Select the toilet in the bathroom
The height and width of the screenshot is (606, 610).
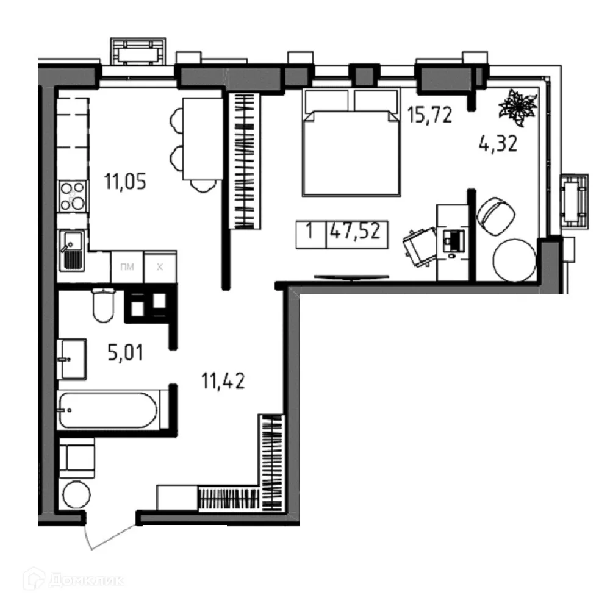tap(103, 306)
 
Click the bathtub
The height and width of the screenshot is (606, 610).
tap(108, 410)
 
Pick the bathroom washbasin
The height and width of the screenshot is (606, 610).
tap(71, 360)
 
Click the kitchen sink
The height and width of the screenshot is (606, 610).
tap(73, 252)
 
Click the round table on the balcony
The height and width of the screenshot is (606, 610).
tap(514, 259)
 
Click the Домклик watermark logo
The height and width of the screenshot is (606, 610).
tap(73, 580)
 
